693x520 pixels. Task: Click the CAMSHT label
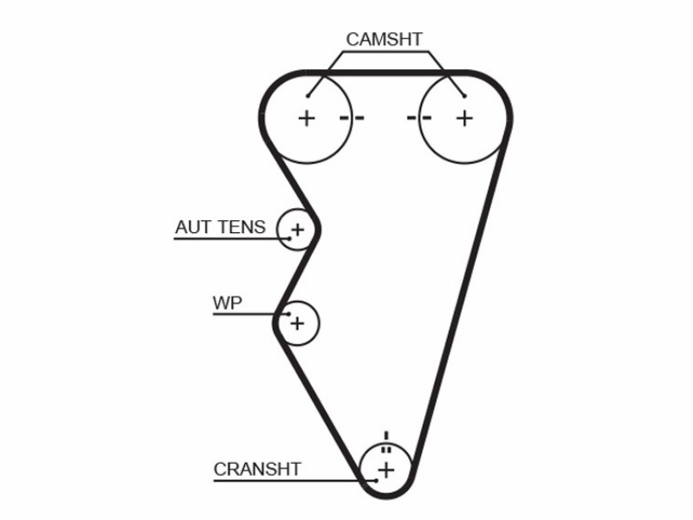[x=384, y=39]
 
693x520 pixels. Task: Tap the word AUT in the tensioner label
[x=191, y=227]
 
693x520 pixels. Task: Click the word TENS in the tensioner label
[x=242, y=227]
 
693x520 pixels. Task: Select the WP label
[x=228, y=303]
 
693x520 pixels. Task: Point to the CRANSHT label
[x=257, y=469]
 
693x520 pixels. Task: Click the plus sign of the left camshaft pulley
[x=307, y=119]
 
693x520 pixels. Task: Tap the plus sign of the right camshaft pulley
[x=464, y=119]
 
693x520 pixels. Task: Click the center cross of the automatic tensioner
[x=298, y=230]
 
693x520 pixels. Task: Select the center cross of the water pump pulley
[x=297, y=323]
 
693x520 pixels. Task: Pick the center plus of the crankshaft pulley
[x=386, y=470]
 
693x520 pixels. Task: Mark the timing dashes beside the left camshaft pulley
[x=352, y=118]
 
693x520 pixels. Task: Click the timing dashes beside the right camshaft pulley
[x=419, y=118]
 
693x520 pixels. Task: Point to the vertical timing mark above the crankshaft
[x=386, y=436]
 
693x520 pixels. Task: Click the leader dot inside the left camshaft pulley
[x=308, y=96]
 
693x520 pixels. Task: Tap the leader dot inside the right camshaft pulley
[x=464, y=95]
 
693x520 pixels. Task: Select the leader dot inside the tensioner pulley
[x=289, y=239]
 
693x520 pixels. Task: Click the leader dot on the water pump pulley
[x=289, y=315]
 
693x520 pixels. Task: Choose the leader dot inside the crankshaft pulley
[x=376, y=481]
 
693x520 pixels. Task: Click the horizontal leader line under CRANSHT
[x=295, y=481]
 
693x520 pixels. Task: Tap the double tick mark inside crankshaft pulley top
[x=386, y=450]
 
